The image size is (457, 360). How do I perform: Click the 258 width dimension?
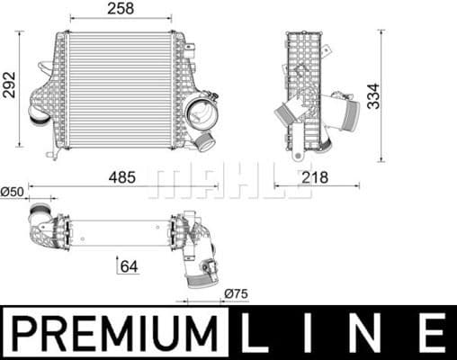(121, 8)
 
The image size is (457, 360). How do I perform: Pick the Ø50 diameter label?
(12, 191)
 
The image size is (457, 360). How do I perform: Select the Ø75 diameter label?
(237, 292)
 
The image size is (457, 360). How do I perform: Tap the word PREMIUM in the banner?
(114, 333)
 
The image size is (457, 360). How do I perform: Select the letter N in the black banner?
(368, 333)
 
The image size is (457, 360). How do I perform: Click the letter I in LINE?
(310, 333)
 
